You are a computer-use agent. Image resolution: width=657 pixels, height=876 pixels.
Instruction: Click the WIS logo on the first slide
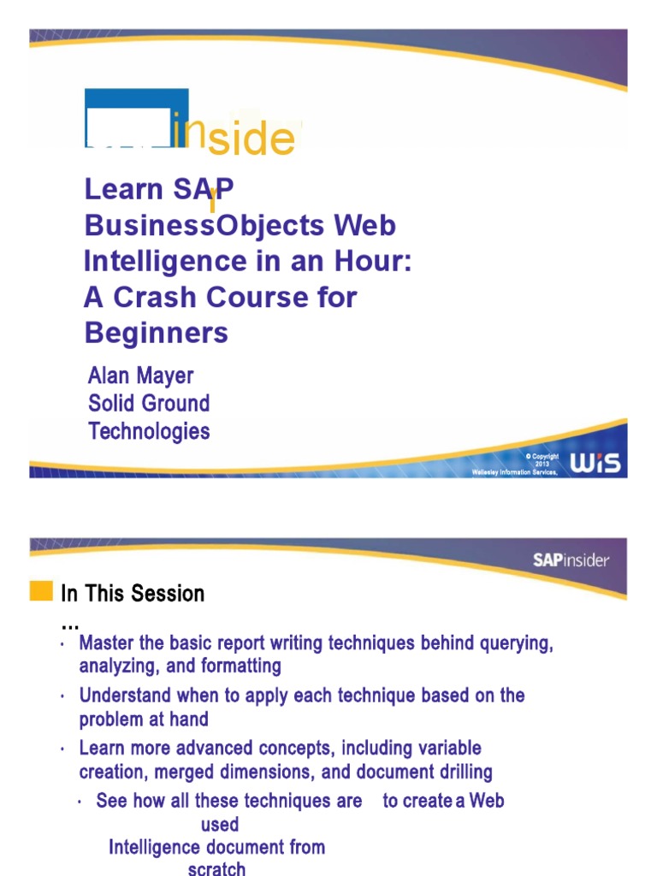(597, 463)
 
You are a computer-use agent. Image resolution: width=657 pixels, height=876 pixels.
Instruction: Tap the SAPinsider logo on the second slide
(571, 560)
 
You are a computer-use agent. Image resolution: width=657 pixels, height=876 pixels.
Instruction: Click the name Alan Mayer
(140, 376)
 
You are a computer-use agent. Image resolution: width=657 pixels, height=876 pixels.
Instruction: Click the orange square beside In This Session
(41, 591)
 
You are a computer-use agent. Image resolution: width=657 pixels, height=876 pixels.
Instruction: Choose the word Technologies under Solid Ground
(149, 431)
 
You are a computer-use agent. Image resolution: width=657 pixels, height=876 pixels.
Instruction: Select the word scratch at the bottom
(216, 868)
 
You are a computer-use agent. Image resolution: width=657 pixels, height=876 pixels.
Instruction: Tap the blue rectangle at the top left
(136, 117)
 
